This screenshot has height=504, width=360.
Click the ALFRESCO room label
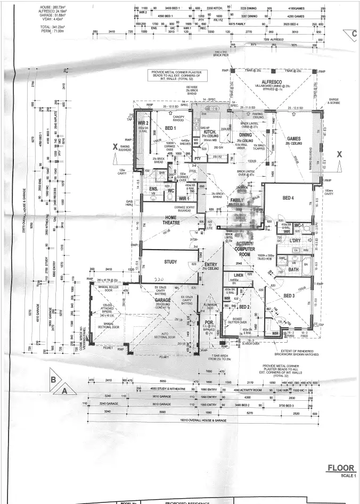click(272, 81)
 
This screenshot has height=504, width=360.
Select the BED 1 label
click(170, 129)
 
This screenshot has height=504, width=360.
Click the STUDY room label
click(170, 261)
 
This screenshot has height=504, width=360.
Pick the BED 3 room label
click(289, 296)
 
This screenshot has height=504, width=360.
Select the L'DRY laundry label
click(295, 241)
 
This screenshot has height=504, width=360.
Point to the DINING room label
click(246, 135)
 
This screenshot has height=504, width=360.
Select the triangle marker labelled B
click(53, 379)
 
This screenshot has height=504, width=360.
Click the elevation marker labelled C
click(354, 34)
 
